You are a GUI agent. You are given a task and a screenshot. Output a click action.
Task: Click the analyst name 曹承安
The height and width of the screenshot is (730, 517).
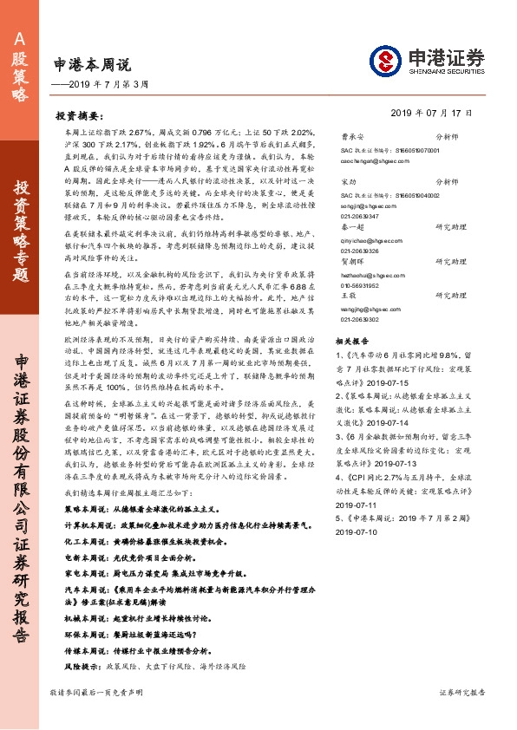pos(350,137)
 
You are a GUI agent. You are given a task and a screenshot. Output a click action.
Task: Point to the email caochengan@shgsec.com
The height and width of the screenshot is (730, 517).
pos(373,160)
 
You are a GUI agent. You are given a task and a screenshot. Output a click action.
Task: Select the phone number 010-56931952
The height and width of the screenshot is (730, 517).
pos(362,309)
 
